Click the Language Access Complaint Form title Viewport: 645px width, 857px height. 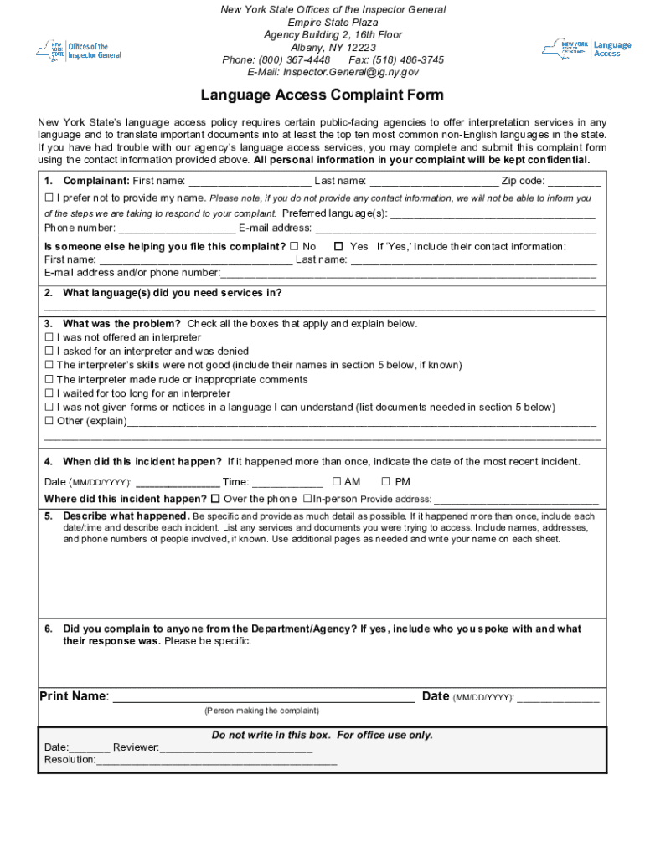(322, 95)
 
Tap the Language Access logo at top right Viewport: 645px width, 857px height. (586, 49)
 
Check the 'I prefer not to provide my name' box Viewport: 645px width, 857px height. (49, 198)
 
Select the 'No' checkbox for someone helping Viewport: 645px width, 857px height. (294, 247)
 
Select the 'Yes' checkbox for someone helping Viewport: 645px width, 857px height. (338, 247)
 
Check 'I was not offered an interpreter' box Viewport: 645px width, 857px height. (49, 338)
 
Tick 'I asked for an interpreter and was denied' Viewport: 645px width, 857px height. (49, 352)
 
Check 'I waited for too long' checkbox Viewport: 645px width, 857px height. (49, 393)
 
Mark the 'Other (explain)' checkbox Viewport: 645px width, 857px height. (49, 421)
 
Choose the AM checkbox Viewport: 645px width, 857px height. (336, 481)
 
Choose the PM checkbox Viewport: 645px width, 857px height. (386, 481)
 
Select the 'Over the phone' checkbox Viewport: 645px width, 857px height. (215, 499)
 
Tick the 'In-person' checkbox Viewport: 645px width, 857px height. (307, 499)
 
